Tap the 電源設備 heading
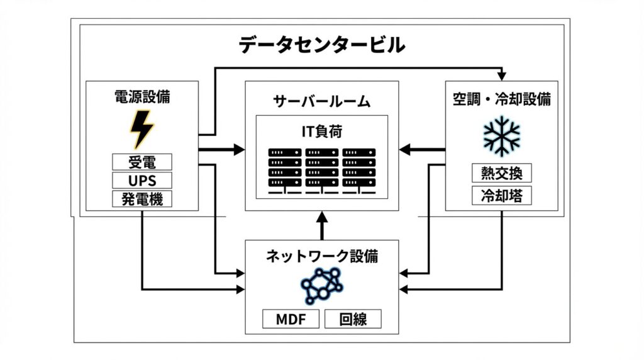142,97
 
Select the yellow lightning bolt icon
142,129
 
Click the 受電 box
142,162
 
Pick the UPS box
142,181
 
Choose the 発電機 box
142,200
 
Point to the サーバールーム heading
322,101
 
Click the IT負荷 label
322,132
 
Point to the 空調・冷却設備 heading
502,99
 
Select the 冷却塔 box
502,195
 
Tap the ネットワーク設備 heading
322,256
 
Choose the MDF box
291,319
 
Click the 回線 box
353,319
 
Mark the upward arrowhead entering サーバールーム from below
322,218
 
